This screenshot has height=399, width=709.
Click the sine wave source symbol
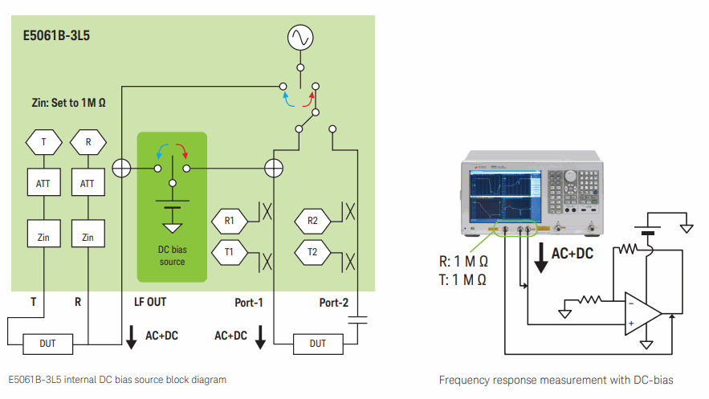[x=300, y=37]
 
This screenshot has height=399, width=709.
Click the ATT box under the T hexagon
[x=43, y=184]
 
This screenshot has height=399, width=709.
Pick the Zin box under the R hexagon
[x=88, y=237]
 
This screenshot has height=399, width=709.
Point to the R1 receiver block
[x=230, y=220]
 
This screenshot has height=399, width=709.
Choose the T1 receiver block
[x=230, y=251]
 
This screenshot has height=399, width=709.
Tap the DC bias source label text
[x=172, y=255]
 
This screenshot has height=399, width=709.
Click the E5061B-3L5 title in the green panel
[x=55, y=36]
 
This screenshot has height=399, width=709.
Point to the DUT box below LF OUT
[x=48, y=344]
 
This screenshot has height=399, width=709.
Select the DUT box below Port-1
[x=318, y=344]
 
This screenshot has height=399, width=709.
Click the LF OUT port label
[x=150, y=303]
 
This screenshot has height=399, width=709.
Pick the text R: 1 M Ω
[x=462, y=262]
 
